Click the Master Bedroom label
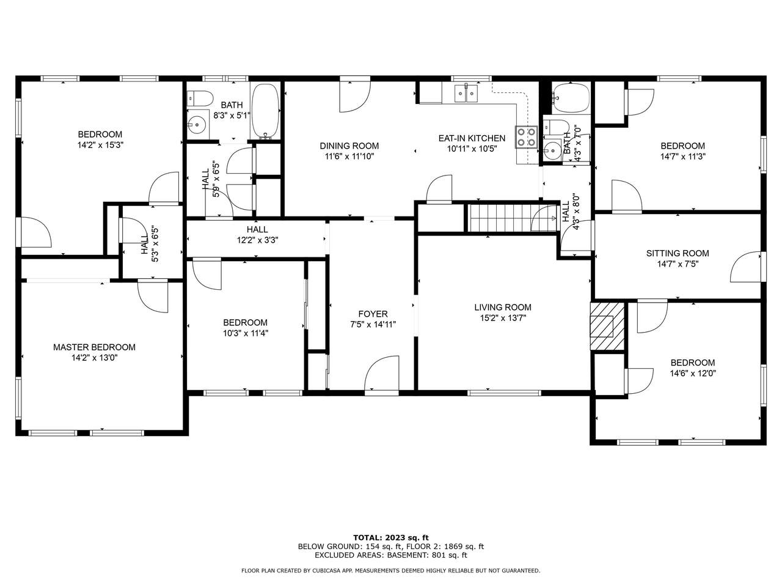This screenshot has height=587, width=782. pyautogui.click(x=94, y=347)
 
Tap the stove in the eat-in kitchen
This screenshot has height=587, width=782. pyautogui.click(x=527, y=137)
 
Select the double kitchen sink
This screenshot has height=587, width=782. pyautogui.click(x=466, y=93)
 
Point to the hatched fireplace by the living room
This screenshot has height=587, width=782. pyautogui.click(x=607, y=327)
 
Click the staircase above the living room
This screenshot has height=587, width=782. pyautogui.click(x=513, y=218)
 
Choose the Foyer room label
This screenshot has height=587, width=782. pyautogui.click(x=373, y=314)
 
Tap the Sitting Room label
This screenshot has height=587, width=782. pyautogui.click(x=678, y=253)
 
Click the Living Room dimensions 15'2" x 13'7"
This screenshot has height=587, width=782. pyautogui.click(x=503, y=318)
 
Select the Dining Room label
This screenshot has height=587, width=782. pyautogui.click(x=349, y=146)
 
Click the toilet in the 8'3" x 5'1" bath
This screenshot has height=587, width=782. pyautogui.click(x=200, y=98)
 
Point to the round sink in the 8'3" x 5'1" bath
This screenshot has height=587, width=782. pyautogui.click(x=196, y=124)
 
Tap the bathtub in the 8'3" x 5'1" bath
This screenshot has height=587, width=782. pyautogui.click(x=265, y=111)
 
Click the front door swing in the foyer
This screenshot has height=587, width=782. pyautogui.click(x=382, y=374)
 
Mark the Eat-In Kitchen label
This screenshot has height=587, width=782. pyautogui.click(x=472, y=138)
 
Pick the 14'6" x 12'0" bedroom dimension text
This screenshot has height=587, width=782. pyautogui.click(x=693, y=374)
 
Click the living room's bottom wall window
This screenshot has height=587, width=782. pyautogui.click(x=504, y=393)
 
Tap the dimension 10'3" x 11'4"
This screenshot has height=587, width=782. pyautogui.click(x=245, y=333)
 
